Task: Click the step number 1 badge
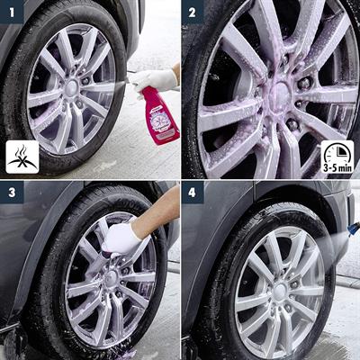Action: point(12,12)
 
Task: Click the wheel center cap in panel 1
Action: point(71,88)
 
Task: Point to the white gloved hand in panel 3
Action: point(121,239)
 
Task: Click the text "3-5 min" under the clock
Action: point(338,166)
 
